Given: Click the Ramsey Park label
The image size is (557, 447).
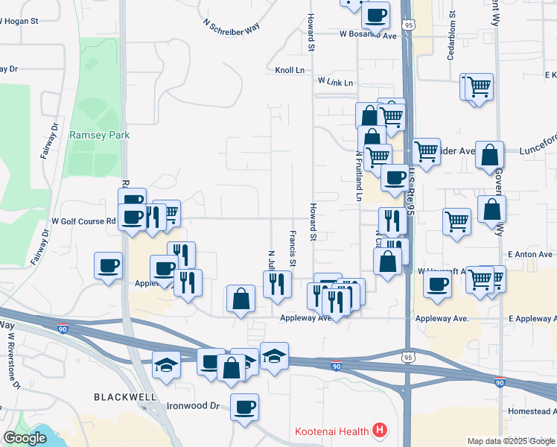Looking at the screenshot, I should click(99, 135).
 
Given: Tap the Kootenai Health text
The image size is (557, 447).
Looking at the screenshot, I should click(332, 431).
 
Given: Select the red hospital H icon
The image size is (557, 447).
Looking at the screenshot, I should click(381, 430).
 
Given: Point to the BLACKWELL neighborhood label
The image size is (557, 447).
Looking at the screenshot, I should click(125, 397).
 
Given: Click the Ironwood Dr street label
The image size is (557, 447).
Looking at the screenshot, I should click(193, 407).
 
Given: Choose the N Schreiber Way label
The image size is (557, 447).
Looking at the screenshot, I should click(232, 25).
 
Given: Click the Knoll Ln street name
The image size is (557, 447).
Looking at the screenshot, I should click(290, 70).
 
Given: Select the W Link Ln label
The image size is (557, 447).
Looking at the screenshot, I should click(334, 80).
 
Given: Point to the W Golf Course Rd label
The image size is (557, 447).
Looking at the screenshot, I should click(83, 221).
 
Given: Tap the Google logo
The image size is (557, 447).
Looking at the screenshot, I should click(25, 439).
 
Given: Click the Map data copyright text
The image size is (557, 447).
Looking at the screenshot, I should click(510, 441).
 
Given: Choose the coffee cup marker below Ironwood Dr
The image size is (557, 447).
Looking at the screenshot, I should click(244, 408).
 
